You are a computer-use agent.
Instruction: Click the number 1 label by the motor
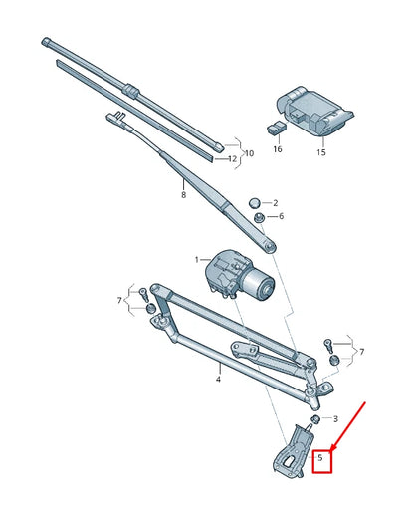tap(197, 260)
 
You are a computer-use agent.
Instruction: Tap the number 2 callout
tap(276, 203)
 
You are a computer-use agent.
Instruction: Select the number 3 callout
tap(335, 419)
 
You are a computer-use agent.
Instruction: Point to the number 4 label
tap(218, 380)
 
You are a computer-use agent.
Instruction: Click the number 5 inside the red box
tap(321, 459)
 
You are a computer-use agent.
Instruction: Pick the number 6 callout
tap(281, 216)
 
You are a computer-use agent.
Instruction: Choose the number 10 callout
tap(249, 153)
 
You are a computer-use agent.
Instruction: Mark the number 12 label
tap(231, 158)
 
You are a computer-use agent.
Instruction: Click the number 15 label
tap(321, 152)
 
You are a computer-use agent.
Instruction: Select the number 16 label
tap(278, 148)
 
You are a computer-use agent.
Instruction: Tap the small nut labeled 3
tap(314, 421)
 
